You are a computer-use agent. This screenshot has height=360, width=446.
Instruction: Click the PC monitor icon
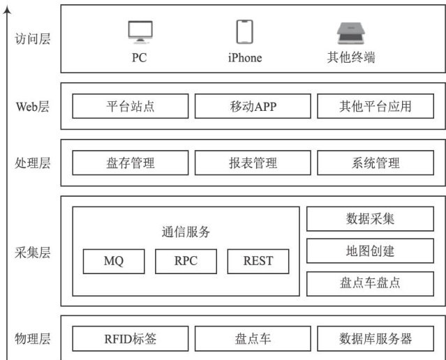[x=140, y=31]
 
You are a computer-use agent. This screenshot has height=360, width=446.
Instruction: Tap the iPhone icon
[x=244, y=31]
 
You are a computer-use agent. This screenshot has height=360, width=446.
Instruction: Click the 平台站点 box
[x=131, y=107]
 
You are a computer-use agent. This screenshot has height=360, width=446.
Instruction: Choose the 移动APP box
[x=253, y=107]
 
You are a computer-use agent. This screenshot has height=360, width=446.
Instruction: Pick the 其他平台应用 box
[x=375, y=107]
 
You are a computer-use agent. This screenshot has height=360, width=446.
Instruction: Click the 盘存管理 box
[x=131, y=163]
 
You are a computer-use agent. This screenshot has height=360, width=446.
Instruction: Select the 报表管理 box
[x=253, y=163]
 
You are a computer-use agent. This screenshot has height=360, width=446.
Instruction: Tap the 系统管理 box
[x=375, y=163]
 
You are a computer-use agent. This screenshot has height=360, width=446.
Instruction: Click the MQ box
[x=114, y=262]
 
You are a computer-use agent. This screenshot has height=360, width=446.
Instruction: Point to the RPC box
[x=186, y=262]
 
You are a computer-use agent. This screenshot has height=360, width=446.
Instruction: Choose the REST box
[x=258, y=262]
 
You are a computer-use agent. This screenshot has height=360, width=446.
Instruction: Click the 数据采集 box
[x=370, y=219]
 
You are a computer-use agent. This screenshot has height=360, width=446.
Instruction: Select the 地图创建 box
[x=370, y=250]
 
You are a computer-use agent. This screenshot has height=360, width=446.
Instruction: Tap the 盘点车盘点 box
[x=370, y=283]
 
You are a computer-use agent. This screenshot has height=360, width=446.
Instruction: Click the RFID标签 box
[x=131, y=339]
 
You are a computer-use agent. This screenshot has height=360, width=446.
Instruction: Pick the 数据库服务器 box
[x=375, y=339]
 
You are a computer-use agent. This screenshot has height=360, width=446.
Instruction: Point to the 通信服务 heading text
[x=186, y=232]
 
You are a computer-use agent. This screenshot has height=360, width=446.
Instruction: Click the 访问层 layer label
[x=33, y=39]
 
